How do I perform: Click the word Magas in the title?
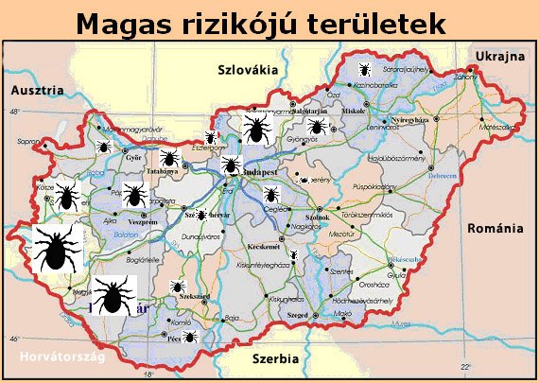click(x=123, y=23)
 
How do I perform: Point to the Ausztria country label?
click(x=37, y=90)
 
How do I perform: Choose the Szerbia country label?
click(x=275, y=359)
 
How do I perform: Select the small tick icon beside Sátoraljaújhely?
click(x=363, y=69)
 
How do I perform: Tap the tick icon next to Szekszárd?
click(x=177, y=286)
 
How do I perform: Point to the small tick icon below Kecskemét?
click(x=293, y=256)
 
